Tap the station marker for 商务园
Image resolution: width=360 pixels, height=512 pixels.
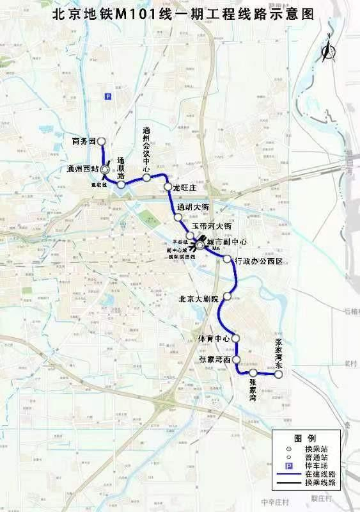100,142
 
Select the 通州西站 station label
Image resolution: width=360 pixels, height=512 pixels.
82,169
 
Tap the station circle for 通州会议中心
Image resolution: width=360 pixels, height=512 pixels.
146,177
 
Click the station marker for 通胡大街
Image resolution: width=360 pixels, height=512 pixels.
181,218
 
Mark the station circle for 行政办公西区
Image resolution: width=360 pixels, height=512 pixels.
228,259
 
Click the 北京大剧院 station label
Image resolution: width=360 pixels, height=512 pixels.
199,299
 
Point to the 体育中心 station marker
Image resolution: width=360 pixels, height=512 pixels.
235,338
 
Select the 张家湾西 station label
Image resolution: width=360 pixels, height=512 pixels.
212,360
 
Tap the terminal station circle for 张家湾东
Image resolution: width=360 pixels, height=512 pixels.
278,374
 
